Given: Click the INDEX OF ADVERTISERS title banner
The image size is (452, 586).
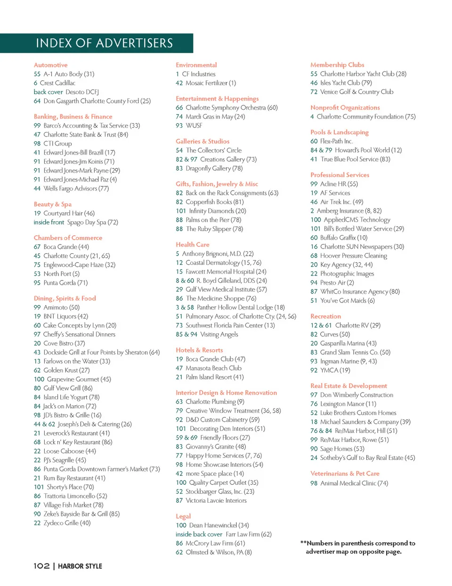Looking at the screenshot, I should (x=104, y=43).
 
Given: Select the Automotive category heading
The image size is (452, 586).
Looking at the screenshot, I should (x=50, y=65).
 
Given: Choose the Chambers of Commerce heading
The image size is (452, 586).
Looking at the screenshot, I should (x=68, y=238).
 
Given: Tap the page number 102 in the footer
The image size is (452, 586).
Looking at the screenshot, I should (x=41, y=566).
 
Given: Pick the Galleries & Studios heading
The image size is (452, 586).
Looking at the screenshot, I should (x=202, y=141).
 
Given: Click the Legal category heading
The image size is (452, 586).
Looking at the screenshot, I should (x=183, y=516).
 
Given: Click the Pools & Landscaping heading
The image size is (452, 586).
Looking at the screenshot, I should (x=339, y=132).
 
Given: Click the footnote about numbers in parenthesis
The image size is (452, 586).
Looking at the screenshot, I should (x=358, y=547).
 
